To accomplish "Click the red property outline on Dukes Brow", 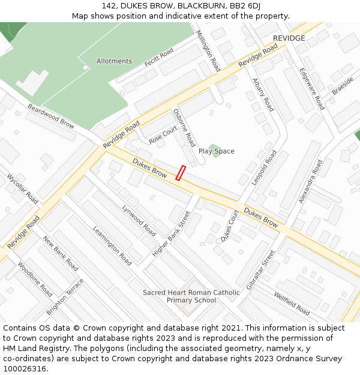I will pos(180,173).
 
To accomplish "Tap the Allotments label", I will pos(114,61).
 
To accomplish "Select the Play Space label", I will pos(216,151).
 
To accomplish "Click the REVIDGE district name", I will pos(289,38).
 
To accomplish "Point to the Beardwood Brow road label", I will pos(51,116).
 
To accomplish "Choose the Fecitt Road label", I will pos(159,58).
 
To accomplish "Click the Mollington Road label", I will pos(208,51).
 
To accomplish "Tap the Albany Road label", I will pos(263,95).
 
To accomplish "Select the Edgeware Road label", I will pos(312,89).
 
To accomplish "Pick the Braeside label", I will pos(343,86).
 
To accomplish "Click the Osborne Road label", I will pos(184,128).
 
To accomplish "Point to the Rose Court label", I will pos(163,135).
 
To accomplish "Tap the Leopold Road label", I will pos(264,168).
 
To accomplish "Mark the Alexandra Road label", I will pos(310,181).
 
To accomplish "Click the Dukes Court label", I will pos(229,226).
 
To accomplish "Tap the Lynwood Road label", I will pos(139,220).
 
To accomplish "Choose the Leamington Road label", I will pos(112,246).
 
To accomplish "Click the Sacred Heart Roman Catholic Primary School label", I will pos(191,296).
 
